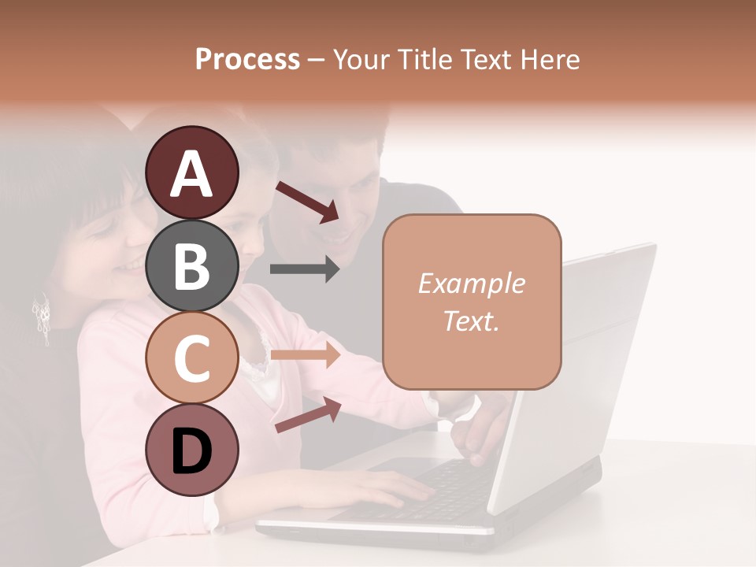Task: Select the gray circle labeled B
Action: (191, 266)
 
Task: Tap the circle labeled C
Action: (191, 358)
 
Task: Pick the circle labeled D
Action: (191, 450)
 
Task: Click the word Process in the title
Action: (247, 59)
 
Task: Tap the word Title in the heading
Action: (424, 59)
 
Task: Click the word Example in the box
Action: (471, 283)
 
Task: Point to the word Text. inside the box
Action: (471, 321)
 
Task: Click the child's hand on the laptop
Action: (402, 492)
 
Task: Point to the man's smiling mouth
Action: (339, 234)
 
